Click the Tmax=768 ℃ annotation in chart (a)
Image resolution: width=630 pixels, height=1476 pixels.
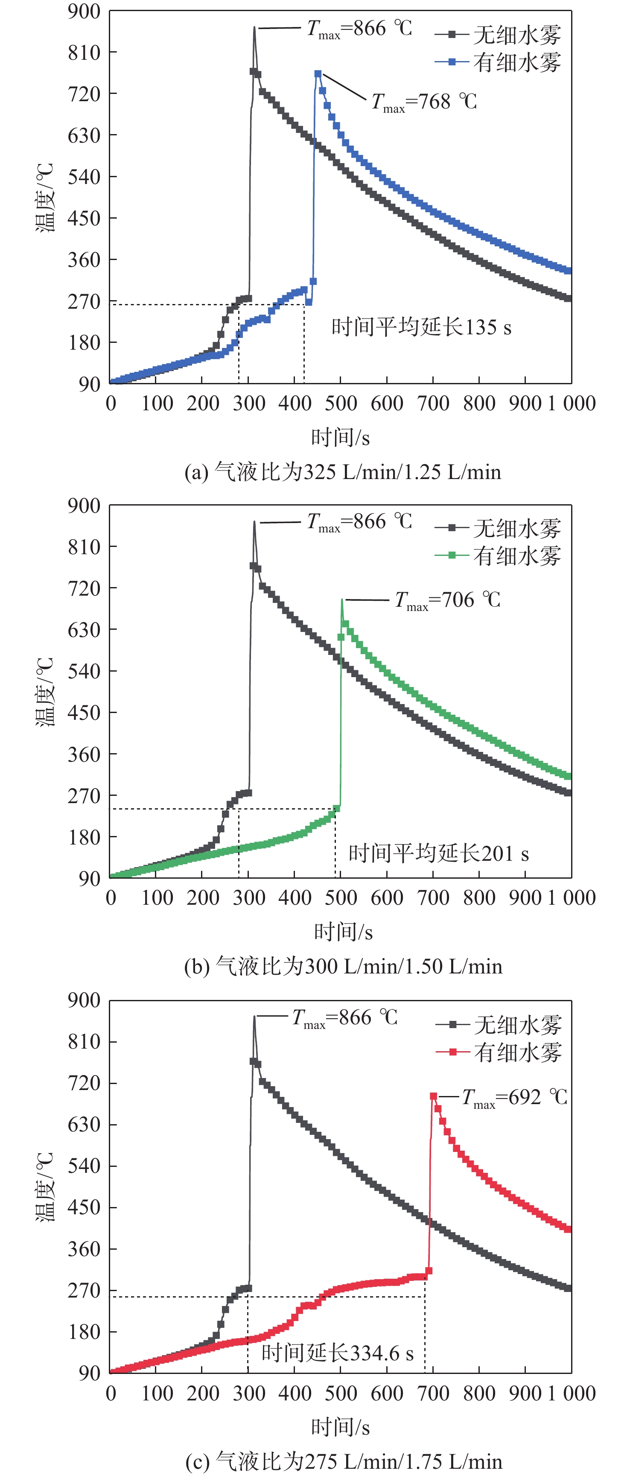[424, 102]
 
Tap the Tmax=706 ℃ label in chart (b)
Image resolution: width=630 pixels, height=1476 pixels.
[447, 600]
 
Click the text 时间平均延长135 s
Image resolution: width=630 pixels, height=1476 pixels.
[421, 327]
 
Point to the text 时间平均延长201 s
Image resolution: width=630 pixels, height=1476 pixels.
[438, 854]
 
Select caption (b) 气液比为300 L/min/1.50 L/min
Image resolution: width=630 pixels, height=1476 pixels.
[342, 967]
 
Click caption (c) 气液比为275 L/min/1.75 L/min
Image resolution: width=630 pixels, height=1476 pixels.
[344, 1461]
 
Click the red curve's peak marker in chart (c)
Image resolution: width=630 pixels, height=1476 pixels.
[434, 1096]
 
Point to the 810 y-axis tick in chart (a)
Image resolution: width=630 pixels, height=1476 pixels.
[84, 53]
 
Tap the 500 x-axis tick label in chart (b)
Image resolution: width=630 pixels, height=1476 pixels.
[341, 898]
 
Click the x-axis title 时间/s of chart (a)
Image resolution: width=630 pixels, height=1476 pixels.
[340, 438]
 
